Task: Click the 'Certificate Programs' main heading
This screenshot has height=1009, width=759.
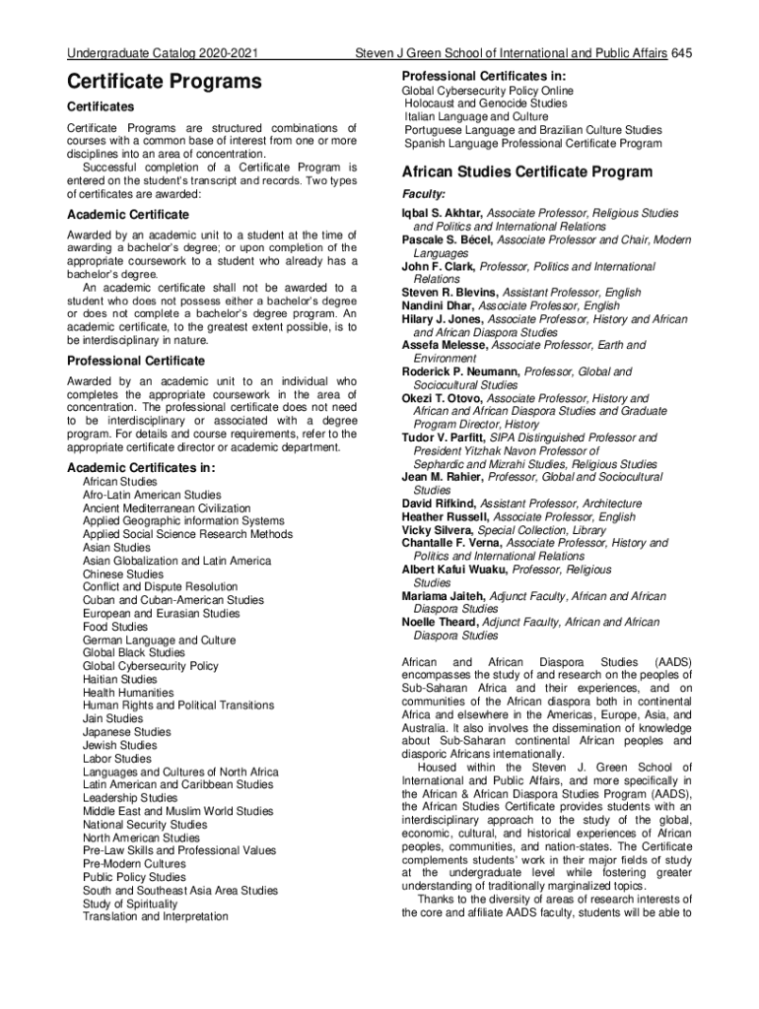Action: (164, 81)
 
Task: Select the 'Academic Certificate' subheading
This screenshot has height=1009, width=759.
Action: (127, 215)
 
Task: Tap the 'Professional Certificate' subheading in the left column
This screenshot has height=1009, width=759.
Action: (136, 361)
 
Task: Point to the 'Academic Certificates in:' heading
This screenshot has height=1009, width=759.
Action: (140, 467)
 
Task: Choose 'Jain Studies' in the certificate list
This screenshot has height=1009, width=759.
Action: (112, 719)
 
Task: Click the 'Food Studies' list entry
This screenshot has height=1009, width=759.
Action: (115, 627)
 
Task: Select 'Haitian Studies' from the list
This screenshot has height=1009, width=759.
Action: (119, 680)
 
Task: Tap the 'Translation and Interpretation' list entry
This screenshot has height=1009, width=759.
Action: (155, 917)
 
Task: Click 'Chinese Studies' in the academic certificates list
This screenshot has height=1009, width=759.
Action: (123, 574)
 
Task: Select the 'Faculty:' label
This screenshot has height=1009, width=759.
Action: (424, 194)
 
